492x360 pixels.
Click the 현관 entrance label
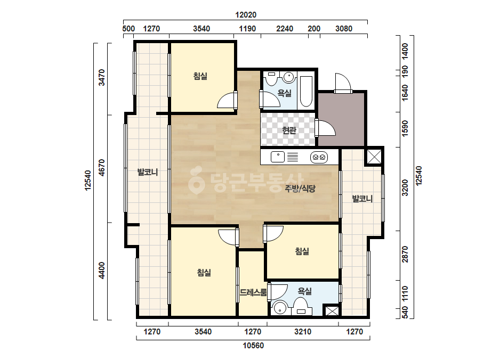coord(289,130)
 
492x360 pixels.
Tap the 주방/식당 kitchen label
coord(300,189)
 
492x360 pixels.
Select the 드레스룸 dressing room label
coord(253,292)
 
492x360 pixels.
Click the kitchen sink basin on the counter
coord(277,157)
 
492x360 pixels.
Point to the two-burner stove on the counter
coord(319,157)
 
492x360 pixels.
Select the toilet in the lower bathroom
coord(301,306)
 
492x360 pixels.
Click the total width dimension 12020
coord(246,15)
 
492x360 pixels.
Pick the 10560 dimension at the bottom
coord(253,346)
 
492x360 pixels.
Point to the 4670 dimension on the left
coord(101,168)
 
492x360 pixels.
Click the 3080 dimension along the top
coord(344,29)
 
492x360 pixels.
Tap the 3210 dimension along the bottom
coord(303,331)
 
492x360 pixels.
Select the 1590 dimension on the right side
coord(405,128)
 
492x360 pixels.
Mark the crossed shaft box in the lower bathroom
coord(332,311)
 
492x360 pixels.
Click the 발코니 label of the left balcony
coord(148,172)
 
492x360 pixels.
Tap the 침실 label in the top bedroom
coord(200,76)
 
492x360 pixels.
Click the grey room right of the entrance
coord(341,119)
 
